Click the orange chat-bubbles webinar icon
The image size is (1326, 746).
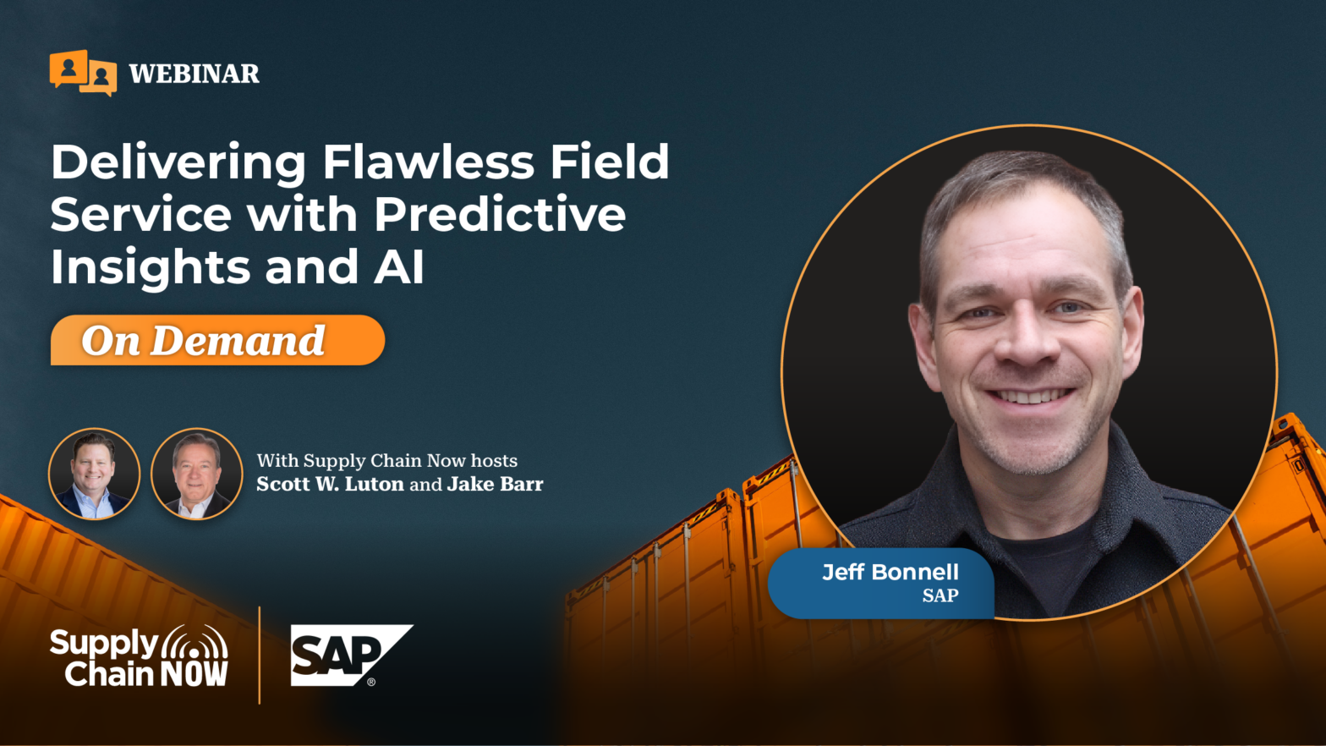(83, 73)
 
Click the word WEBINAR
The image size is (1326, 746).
(195, 74)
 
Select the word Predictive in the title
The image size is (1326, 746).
(501, 214)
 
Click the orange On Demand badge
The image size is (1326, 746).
(218, 340)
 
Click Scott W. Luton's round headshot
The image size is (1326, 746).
(94, 474)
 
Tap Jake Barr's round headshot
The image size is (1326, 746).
(197, 474)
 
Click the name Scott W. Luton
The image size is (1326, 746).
(331, 485)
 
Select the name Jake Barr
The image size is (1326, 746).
(495, 485)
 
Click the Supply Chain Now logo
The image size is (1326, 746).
(139, 656)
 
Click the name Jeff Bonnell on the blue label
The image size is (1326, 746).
(890, 572)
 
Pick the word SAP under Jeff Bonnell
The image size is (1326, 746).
(940, 595)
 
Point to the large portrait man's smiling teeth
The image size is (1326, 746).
(1030, 396)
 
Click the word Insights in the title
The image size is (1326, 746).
(151, 267)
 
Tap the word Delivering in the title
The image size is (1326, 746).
(178, 162)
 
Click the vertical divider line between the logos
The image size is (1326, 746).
(260, 655)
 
